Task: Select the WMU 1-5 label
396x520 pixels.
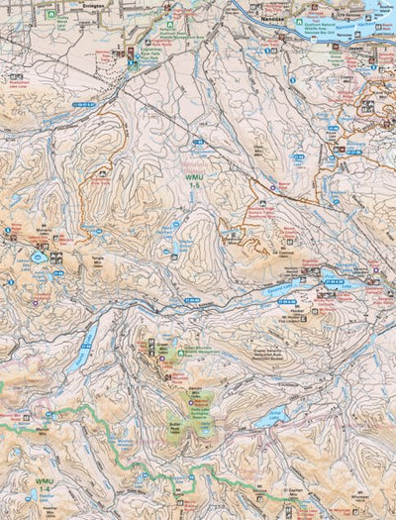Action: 195,178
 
